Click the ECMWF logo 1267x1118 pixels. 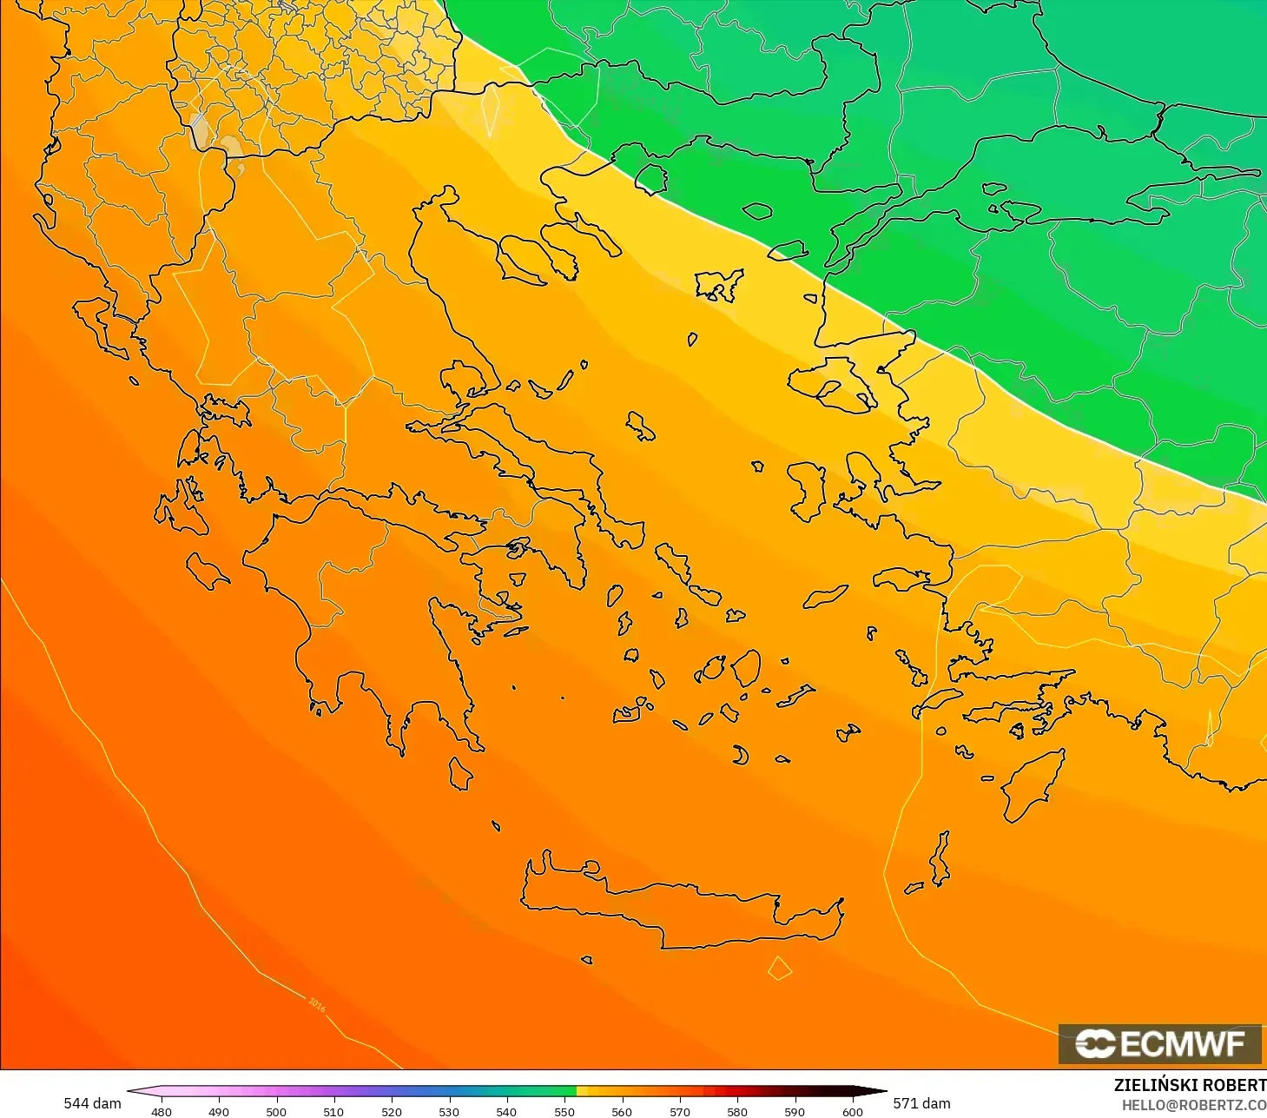(1159, 1043)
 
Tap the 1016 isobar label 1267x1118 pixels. (317, 1005)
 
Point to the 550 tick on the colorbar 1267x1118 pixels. (564, 1111)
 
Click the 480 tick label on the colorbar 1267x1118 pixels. (162, 1111)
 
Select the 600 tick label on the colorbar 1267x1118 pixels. (852, 1111)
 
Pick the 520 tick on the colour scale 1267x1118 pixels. (392, 1111)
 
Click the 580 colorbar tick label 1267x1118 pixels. (736, 1111)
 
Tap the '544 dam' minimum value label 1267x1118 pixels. (92, 1103)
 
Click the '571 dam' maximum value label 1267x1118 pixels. (921, 1103)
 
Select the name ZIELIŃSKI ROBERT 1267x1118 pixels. (1189, 1085)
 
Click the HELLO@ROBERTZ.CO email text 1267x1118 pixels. (1193, 1105)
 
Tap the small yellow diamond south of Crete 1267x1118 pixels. (780, 968)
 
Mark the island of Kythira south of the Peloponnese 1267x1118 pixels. (460, 773)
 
